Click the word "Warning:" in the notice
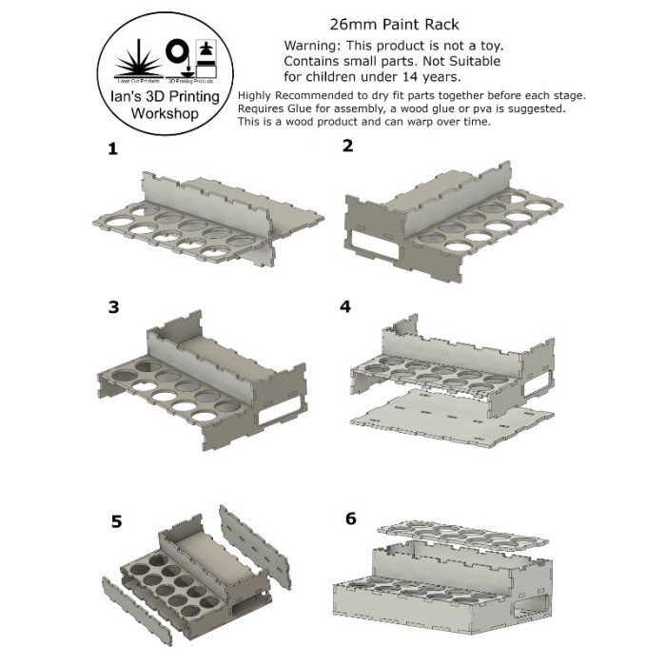click(317, 47)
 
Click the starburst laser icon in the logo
click(135, 54)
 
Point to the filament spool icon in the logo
click(177, 52)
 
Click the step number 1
click(113, 149)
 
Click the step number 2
click(347, 146)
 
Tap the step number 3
click(115, 306)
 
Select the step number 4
click(346, 306)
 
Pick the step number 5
click(117, 521)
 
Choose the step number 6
click(351, 519)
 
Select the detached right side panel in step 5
click(254, 539)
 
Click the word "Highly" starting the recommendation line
click(256, 95)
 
